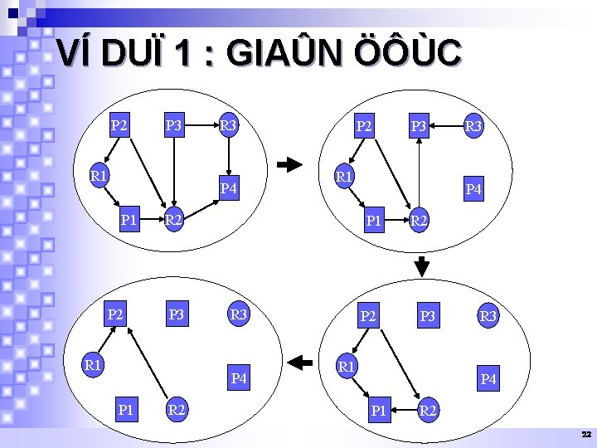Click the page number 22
pyautogui.click(x=586, y=435)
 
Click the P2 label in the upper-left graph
pyautogui.click(x=119, y=126)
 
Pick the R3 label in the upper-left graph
pyautogui.click(x=228, y=126)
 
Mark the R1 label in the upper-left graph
pyautogui.click(x=99, y=176)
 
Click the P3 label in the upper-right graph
pyautogui.click(x=419, y=126)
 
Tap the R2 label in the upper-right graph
pyautogui.click(x=419, y=221)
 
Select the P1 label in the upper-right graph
pyautogui.click(x=374, y=221)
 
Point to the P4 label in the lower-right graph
pyautogui.click(x=488, y=379)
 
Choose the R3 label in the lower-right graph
pyautogui.click(x=488, y=316)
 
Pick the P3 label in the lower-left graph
pyautogui.click(x=176, y=314)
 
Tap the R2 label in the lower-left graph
pyautogui.click(x=176, y=409)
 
